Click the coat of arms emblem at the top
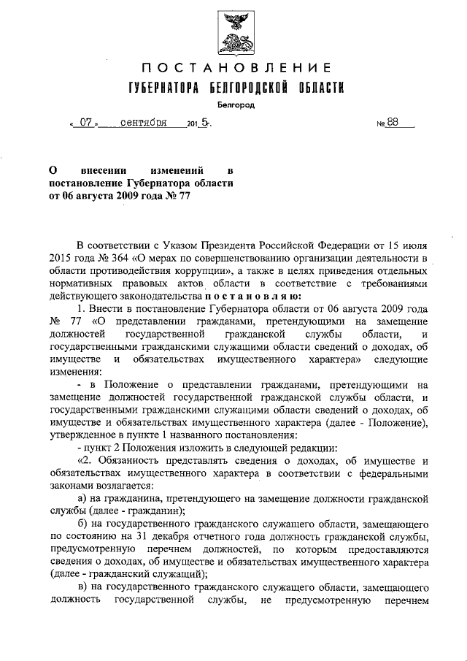(233, 33)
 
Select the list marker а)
(82, 503)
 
